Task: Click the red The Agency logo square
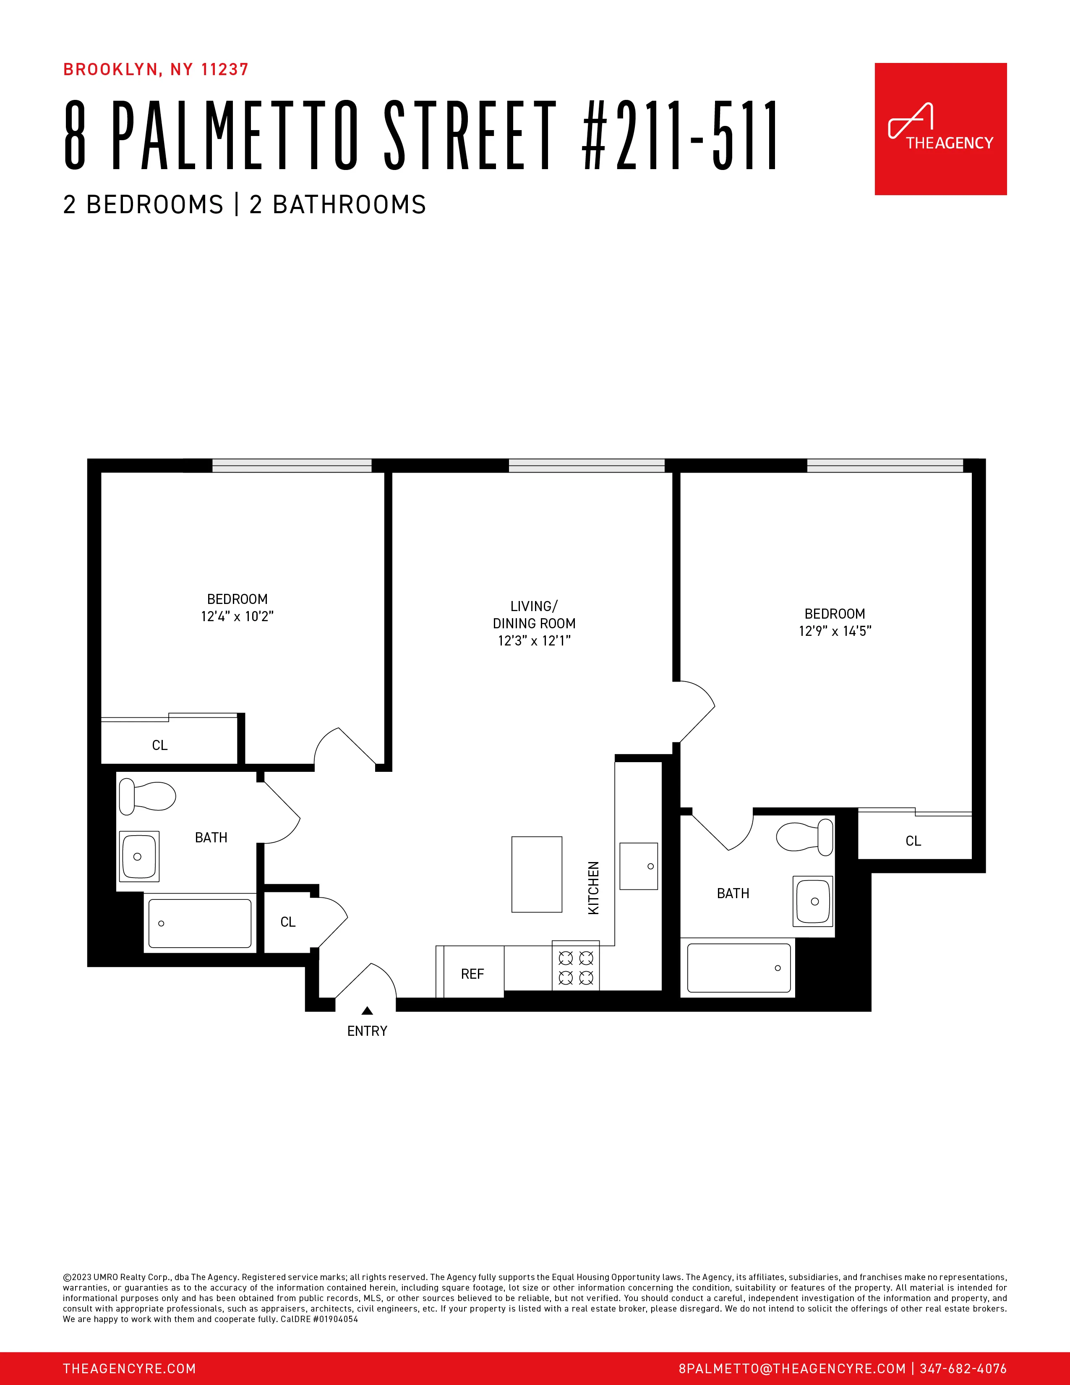[x=940, y=129]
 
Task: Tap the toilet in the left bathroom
[x=147, y=797]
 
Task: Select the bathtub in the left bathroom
[x=200, y=923]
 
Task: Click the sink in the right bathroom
[x=813, y=901]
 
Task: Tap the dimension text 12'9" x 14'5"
[x=835, y=631]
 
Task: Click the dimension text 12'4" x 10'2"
[x=237, y=617]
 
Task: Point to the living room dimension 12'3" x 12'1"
[x=534, y=640]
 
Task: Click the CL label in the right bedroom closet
[x=913, y=841]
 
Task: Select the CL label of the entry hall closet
[x=288, y=922]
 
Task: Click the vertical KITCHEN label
[x=593, y=888]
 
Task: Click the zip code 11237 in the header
[x=224, y=70]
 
